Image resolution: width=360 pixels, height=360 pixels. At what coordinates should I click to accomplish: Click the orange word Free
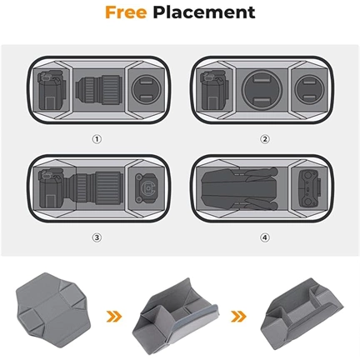click(126, 12)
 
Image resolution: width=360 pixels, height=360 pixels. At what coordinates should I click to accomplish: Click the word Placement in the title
click(204, 12)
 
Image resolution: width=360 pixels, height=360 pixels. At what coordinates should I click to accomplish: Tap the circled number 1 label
click(97, 139)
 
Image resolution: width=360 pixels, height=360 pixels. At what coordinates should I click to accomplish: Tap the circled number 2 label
click(265, 139)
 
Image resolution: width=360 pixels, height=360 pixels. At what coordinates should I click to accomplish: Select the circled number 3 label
click(97, 237)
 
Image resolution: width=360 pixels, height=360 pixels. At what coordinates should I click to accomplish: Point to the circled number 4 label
click(265, 237)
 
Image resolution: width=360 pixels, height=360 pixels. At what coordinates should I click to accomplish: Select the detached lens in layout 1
click(99, 90)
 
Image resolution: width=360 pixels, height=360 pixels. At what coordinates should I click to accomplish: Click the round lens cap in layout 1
click(147, 89)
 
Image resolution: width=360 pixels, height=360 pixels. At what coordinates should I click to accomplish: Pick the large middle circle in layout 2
click(262, 90)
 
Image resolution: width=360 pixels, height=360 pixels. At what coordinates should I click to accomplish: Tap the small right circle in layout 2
click(310, 89)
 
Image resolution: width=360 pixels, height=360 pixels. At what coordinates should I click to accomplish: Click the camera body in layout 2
click(214, 90)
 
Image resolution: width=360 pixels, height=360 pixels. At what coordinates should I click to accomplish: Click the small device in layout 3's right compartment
click(147, 188)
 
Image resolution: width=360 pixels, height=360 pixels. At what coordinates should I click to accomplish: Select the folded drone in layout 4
click(239, 188)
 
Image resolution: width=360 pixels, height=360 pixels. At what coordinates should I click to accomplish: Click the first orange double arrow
click(114, 316)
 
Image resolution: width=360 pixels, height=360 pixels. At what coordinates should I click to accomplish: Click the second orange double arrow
click(238, 316)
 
